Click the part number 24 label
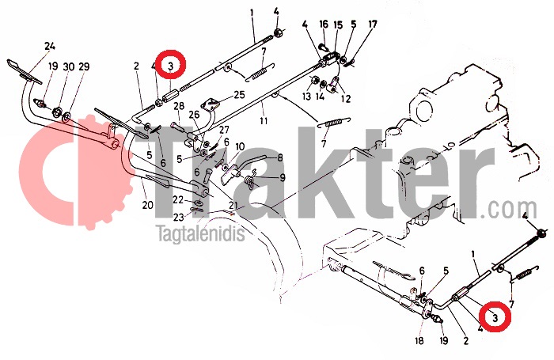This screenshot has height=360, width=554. [50, 46]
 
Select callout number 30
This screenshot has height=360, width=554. [69, 66]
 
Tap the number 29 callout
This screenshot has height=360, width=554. [84, 66]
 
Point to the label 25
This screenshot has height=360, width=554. [239, 95]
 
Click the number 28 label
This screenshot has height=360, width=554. [179, 106]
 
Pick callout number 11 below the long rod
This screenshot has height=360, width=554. [264, 121]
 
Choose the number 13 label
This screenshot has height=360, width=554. [306, 96]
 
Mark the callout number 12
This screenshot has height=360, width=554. [346, 99]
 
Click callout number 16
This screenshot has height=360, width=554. [324, 25]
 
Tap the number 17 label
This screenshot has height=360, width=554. [373, 25]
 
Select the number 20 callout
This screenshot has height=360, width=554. [148, 205]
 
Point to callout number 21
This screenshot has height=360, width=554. [233, 205]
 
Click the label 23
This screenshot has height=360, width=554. [178, 217]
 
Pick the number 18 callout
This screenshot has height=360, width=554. [419, 340]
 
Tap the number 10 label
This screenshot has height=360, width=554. [240, 146]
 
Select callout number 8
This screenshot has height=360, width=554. [280, 157]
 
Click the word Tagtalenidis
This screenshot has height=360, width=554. [201, 233]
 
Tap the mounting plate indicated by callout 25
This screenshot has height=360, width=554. [211, 105]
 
